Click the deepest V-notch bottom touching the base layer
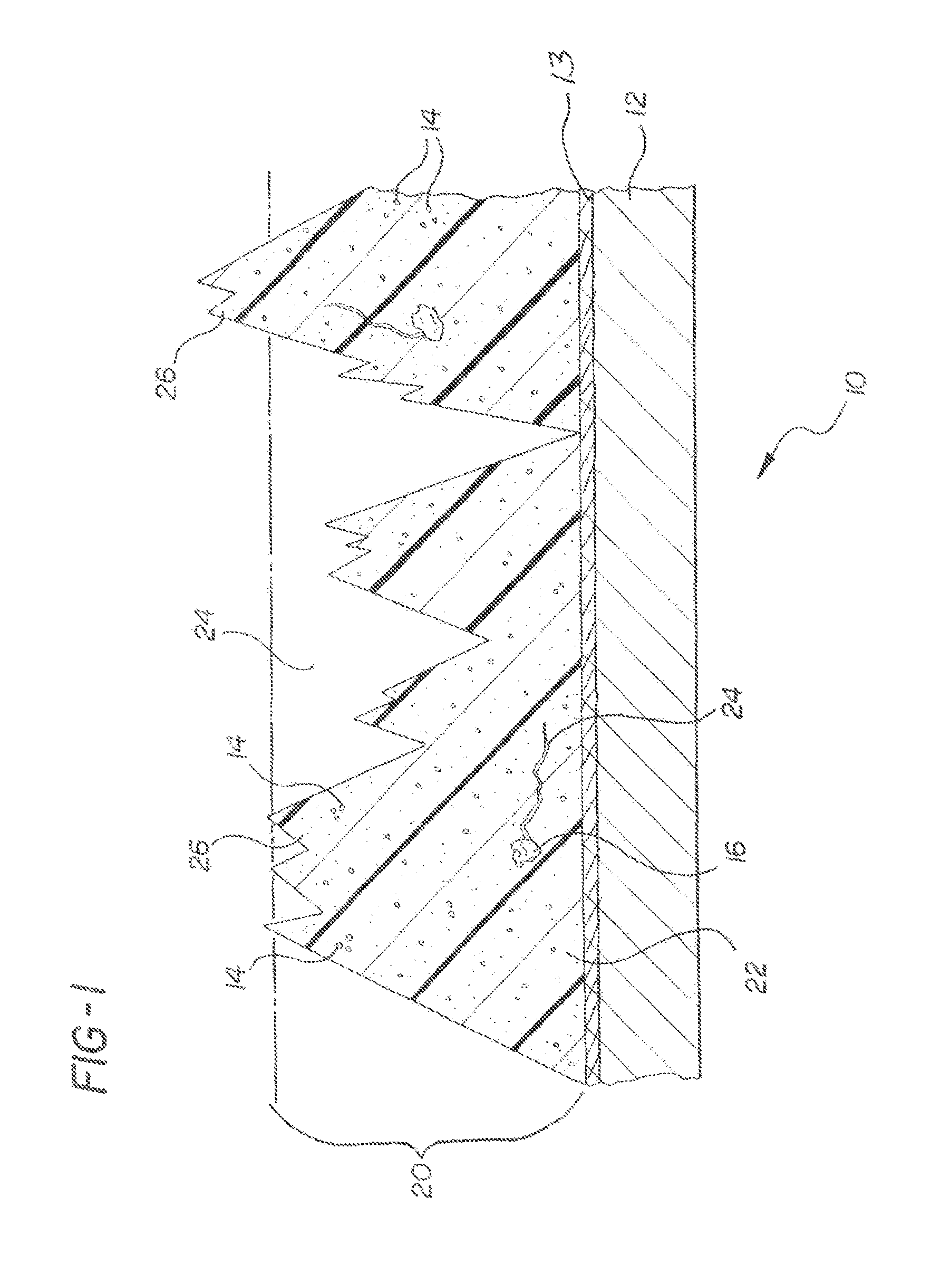(578, 433)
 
